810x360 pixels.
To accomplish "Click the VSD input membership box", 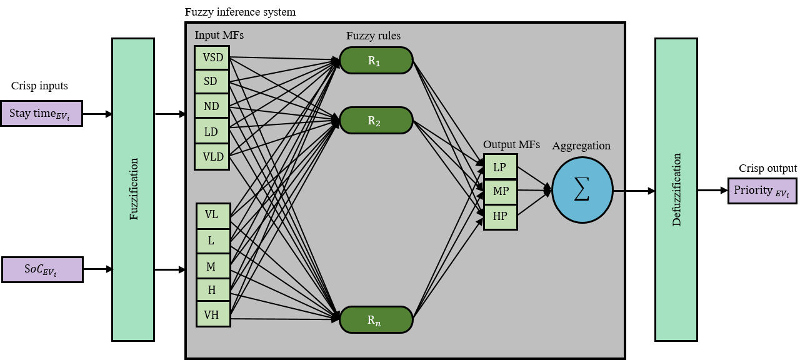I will point(212,57).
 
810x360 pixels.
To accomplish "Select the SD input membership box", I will point(212,82).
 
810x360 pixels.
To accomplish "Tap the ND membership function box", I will point(212,106).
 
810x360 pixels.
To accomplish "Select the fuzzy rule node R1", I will point(376,61).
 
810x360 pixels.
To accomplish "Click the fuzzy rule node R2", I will point(376,120).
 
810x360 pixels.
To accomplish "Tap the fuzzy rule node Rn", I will point(376,319).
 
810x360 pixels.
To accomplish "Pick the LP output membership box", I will point(501,167).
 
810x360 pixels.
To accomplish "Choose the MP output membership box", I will point(501,191).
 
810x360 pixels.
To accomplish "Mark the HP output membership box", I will point(501,216).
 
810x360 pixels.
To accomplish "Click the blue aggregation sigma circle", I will point(582,190).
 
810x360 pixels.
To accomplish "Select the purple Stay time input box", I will point(42,114).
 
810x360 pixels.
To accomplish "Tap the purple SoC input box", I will point(42,269).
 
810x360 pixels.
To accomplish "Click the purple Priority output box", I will point(762,191).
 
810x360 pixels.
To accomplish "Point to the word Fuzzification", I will point(134,189).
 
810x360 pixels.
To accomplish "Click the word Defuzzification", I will point(676,189).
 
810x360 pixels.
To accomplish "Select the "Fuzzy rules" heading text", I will point(374,36).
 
